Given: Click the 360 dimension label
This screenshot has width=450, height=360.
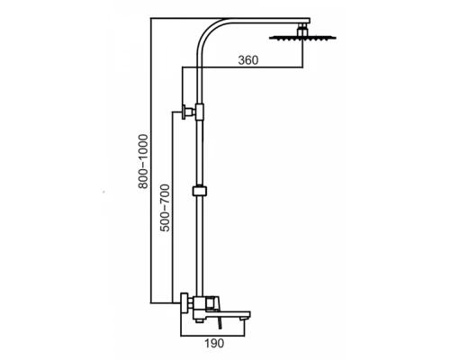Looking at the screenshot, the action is [248, 60].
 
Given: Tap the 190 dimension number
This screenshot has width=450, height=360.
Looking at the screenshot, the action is [214, 343].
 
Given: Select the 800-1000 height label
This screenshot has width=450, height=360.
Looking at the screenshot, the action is [143, 161].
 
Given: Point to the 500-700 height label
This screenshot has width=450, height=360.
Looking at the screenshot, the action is [165, 208].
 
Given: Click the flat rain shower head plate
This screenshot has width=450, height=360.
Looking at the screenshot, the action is [302, 38].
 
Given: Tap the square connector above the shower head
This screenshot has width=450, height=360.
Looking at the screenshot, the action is [302, 31].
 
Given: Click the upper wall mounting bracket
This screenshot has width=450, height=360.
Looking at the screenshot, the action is [188, 112].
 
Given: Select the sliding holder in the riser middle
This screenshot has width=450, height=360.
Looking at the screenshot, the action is [200, 191].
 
